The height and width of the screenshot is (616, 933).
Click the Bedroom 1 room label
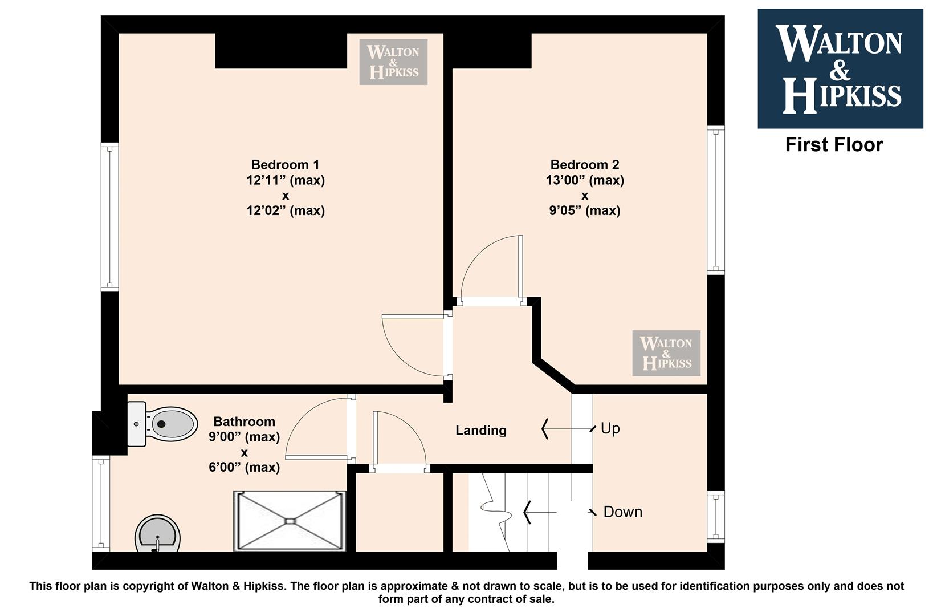tap(286, 165)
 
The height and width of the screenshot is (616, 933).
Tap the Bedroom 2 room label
tap(585, 165)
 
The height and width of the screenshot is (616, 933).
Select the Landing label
tap(481, 430)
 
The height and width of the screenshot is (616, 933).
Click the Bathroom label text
tap(244, 422)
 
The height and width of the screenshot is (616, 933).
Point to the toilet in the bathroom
tap(162, 424)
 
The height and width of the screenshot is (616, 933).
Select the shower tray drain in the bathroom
tap(290, 521)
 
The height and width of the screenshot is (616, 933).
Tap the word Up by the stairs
tap(610, 428)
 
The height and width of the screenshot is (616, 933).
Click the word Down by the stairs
tap(623, 512)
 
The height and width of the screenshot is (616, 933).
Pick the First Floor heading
tap(834, 145)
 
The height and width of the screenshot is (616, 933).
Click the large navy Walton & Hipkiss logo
tap(840, 68)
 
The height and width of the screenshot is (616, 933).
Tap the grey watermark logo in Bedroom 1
tap(394, 62)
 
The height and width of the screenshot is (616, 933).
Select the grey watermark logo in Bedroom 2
tap(666, 353)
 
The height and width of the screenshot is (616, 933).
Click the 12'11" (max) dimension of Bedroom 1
tap(286, 180)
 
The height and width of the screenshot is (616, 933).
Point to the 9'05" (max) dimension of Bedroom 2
tap(585, 210)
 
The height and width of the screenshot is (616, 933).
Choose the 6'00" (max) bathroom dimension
tap(244, 467)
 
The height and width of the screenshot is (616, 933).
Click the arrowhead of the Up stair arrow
tap(544, 429)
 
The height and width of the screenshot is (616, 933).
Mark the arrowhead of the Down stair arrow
tap(527, 512)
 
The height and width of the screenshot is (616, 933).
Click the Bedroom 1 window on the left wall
tap(109, 217)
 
